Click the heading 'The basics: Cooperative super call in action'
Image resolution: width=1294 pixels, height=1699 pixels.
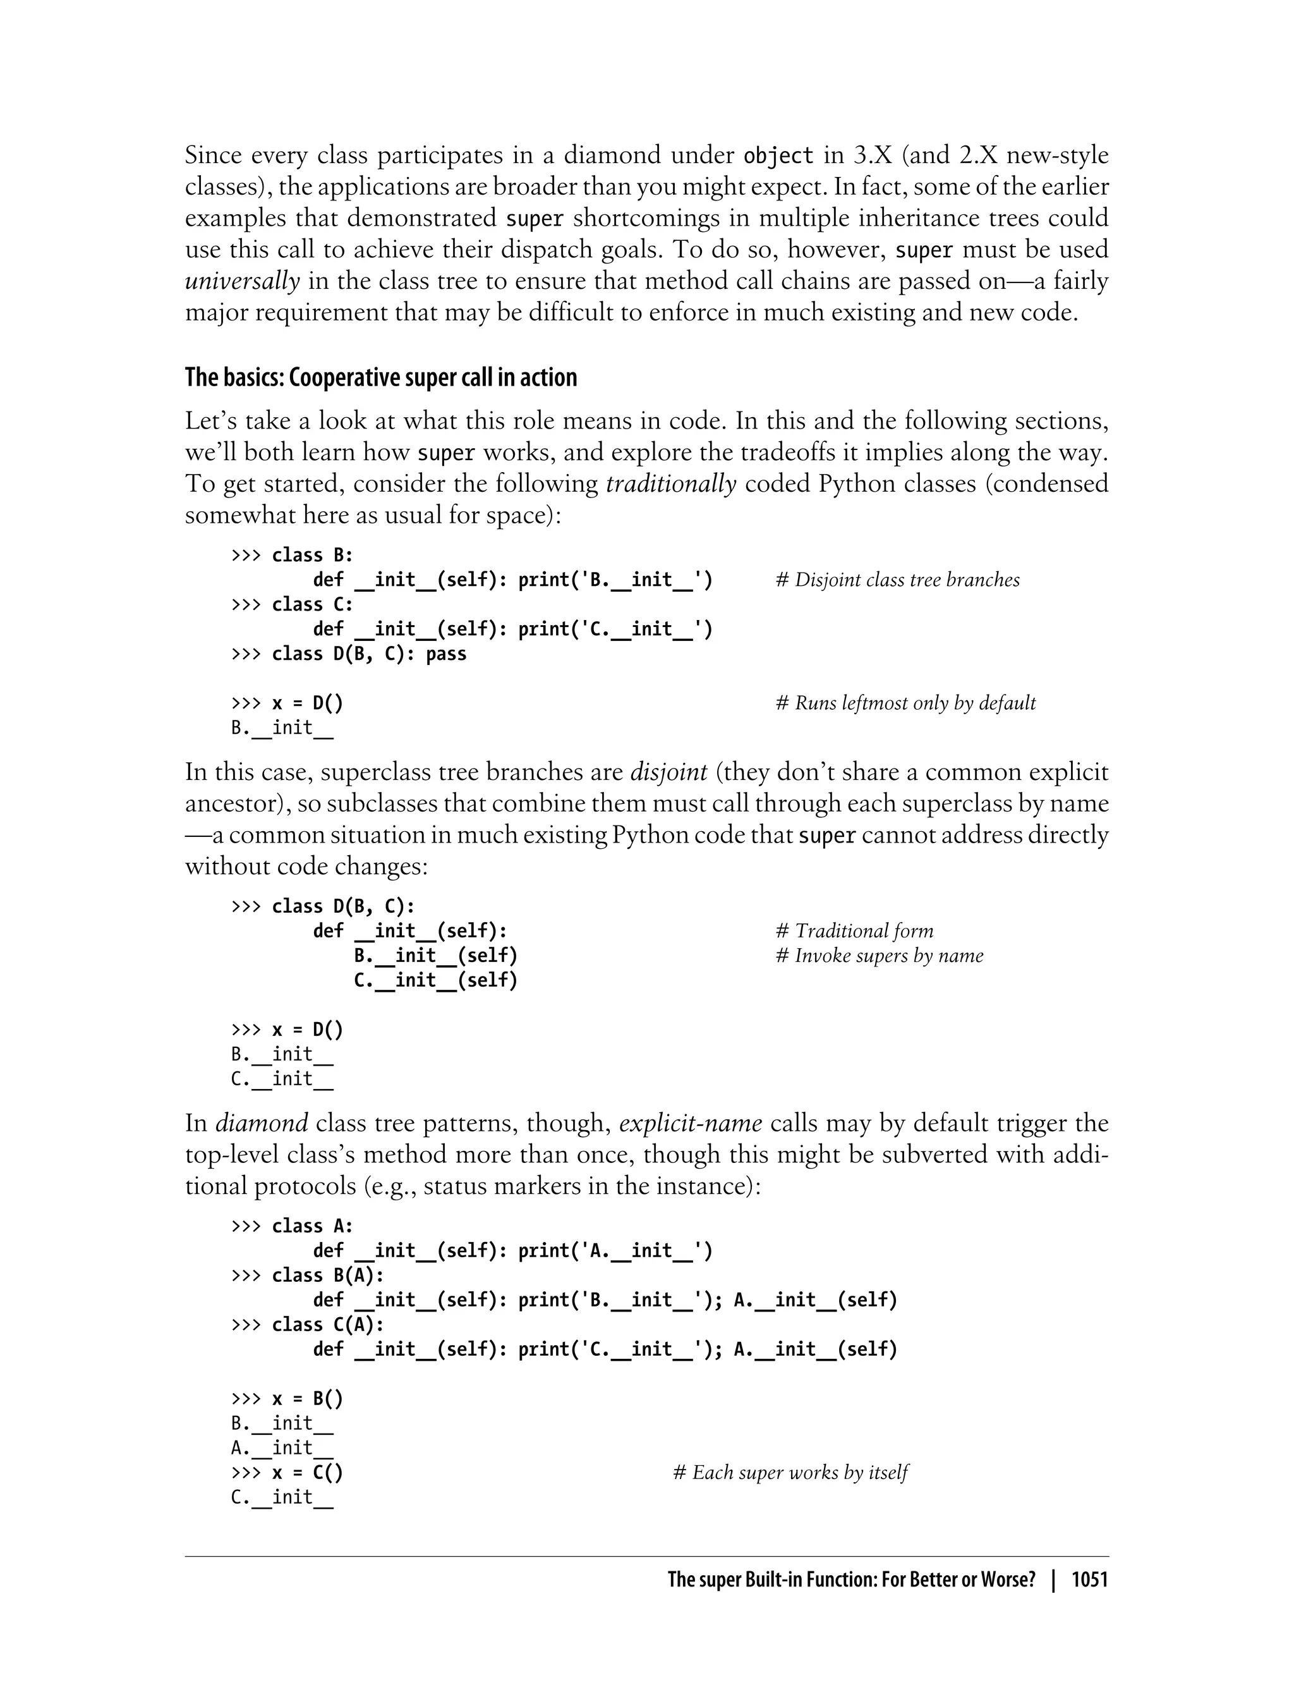click(380, 377)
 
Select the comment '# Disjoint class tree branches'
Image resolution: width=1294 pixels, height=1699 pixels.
click(897, 580)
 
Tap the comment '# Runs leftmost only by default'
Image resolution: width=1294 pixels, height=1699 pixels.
click(905, 703)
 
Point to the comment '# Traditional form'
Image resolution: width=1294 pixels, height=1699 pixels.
click(854, 931)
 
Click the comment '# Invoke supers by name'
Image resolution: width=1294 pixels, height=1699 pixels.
click(879, 956)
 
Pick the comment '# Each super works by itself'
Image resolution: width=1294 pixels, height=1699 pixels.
click(790, 1473)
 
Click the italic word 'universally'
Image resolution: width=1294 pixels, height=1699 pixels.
click(242, 281)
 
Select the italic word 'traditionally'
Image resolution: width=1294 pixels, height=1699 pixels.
click(671, 484)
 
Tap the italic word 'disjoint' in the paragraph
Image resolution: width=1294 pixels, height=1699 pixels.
click(668, 772)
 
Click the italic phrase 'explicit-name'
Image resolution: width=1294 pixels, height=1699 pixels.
click(690, 1123)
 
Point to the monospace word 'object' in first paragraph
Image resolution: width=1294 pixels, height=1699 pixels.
click(778, 155)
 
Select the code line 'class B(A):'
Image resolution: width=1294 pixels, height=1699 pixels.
click(327, 1276)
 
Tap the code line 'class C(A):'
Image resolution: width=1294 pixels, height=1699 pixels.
click(327, 1325)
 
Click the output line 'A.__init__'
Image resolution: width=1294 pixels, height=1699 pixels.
click(282, 1448)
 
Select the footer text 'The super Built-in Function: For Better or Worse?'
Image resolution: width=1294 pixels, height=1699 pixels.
click(851, 1580)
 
